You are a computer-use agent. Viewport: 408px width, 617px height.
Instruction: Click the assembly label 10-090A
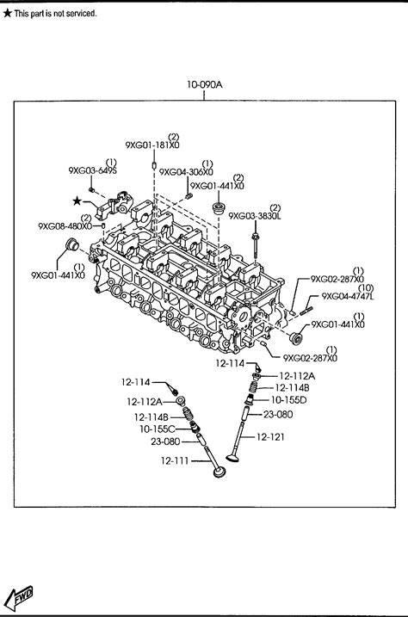click(x=204, y=84)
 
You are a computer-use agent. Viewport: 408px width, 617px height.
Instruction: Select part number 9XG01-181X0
click(x=152, y=145)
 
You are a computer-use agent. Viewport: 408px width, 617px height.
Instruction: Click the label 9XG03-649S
click(x=92, y=170)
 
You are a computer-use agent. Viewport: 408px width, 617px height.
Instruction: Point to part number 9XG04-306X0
click(x=186, y=172)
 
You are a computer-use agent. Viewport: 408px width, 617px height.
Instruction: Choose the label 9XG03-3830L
click(x=255, y=216)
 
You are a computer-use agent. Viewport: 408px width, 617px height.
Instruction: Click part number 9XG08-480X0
click(x=65, y=225)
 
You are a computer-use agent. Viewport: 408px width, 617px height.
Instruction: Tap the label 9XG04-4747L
click(x=348, y=296)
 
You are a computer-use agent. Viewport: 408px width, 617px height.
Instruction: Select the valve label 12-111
click(x=175, y=460)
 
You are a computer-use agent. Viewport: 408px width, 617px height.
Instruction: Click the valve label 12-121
click(x=270, y=437)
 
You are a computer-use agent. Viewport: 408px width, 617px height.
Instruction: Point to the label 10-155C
click(x=158, y=429)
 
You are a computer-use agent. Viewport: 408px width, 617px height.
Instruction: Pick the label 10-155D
click(x=289, y=400)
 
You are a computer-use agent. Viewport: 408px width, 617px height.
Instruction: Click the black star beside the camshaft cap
click(x=77, y=201)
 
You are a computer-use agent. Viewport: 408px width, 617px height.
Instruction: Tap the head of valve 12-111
click(x=219, y=472)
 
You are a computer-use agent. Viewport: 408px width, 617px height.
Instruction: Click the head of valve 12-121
click(x=233, y=457)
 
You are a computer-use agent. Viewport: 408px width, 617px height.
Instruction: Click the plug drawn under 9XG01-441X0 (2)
click(x=218, y=208)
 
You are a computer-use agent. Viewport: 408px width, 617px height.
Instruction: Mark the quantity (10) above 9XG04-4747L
click(x=366, y=288)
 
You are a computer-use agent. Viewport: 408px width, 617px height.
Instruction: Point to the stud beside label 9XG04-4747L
click(x=306, y=311)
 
